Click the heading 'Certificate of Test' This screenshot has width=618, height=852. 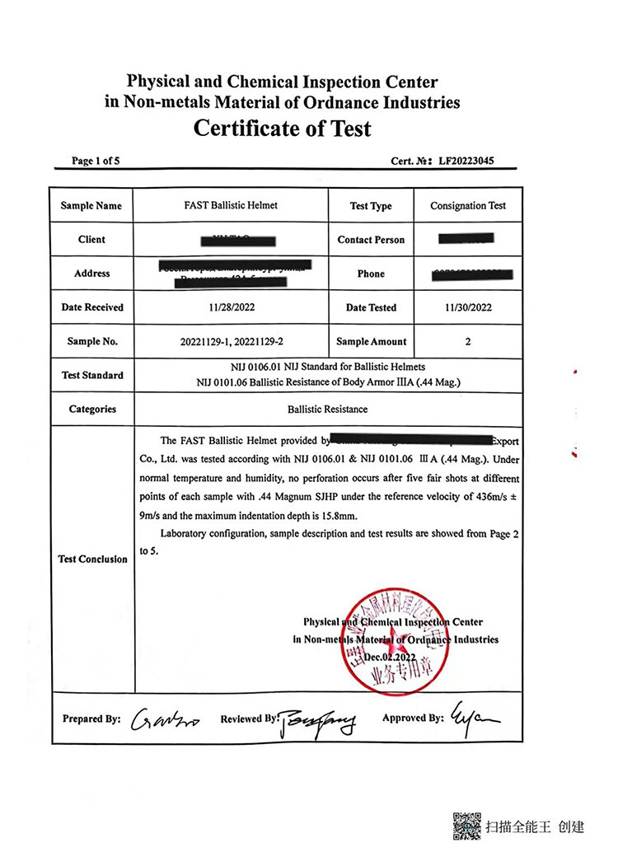[x=282, y=129]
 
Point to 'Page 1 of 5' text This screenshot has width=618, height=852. [x=96, y=161]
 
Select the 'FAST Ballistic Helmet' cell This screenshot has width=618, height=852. [x=231, y=205]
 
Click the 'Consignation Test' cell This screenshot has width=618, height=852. [x=468, y=206]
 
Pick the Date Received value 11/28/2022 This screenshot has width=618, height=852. [x=231, y=307]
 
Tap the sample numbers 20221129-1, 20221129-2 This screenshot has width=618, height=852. [x=231, y=341]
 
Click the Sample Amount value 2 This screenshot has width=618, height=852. [x=467, y=341]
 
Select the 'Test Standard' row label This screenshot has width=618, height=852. [x=92, y=375]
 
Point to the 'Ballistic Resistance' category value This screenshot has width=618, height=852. [x=327, y=409]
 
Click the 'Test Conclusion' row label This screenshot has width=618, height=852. [x=92, y=559]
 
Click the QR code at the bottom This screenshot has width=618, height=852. [x=466, y=826]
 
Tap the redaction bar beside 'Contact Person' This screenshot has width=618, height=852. [x=466, y=239]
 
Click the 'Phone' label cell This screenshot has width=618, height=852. [x=371, y=274]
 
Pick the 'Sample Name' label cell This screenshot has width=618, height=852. [x=91, y=206]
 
